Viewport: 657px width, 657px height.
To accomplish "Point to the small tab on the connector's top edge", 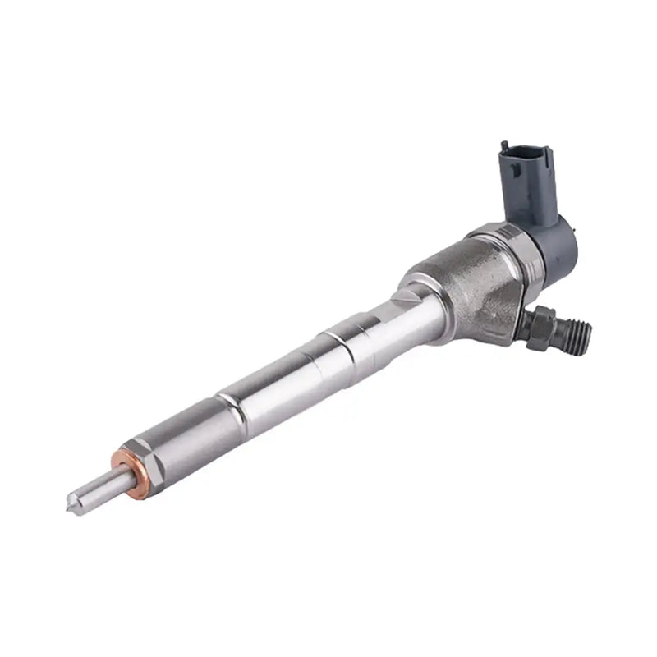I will tap(503, 147).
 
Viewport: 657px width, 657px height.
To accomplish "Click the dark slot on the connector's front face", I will tap(512, 172).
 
